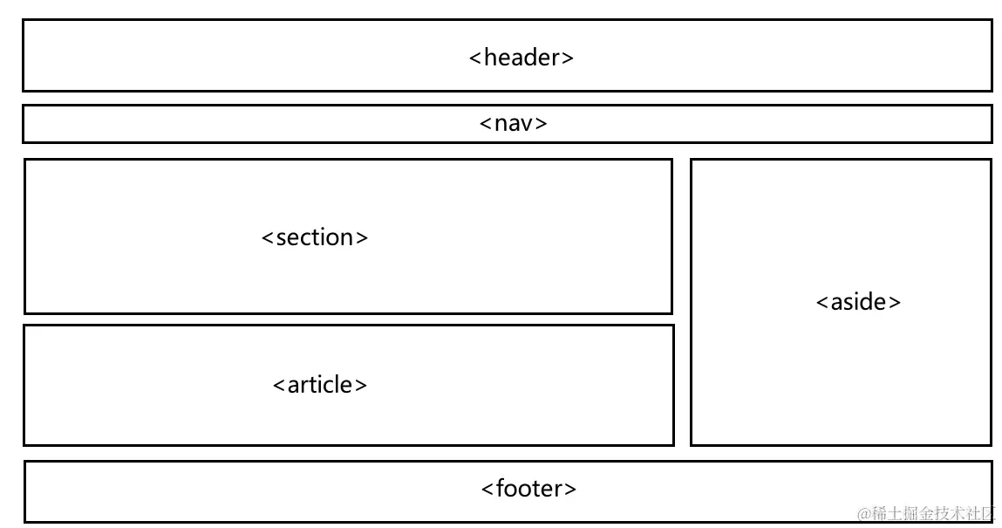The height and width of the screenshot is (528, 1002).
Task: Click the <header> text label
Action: pos(521,58)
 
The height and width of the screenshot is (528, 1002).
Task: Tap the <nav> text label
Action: pos(514,123)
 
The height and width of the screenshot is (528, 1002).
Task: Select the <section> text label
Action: pos(315,237)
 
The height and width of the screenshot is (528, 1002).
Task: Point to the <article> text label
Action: pos(320,385)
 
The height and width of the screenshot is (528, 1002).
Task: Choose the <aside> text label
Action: pos(858,302)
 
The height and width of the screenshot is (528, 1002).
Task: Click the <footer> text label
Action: pos(528,488)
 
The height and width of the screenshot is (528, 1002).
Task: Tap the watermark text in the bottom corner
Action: pos(925,512)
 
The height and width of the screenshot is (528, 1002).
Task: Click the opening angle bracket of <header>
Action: pos(475,58)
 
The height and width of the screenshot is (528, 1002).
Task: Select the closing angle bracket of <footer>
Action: pos(570,489)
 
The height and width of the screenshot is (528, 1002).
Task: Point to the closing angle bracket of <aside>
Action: pos(895,303)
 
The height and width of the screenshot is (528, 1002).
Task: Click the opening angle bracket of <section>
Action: pos(268,238)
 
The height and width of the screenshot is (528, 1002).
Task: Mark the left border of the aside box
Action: pos(691,302)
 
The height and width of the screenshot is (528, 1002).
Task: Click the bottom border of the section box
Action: pos(349,312)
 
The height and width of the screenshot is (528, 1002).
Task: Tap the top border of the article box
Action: pos(349,326)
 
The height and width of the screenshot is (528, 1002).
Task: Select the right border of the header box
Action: pos(992,55)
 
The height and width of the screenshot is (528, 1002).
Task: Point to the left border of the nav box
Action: pos(23,124)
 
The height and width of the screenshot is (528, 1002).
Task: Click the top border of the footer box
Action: pos(508,462)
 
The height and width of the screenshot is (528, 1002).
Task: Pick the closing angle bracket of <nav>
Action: pos(542,124)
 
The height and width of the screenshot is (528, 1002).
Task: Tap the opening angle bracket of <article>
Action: pos(279,386)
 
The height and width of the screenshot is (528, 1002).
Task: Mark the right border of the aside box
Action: pos(991,302)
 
